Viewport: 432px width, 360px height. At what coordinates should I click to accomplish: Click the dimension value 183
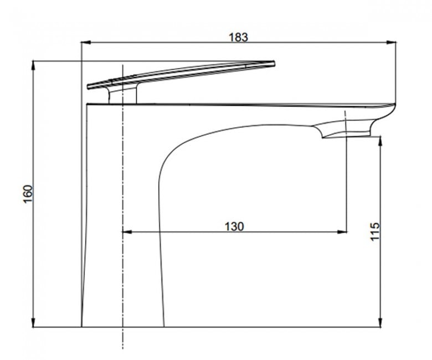click(239, 37)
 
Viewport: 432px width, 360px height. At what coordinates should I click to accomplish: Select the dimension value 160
click(28, 194)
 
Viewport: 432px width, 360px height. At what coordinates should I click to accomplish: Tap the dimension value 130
click(234, 227)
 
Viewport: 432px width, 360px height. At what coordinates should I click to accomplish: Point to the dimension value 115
click(375, 232)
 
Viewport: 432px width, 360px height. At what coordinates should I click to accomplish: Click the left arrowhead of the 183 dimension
click(86, 43)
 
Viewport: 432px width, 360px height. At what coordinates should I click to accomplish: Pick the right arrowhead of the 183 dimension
click(391, 43)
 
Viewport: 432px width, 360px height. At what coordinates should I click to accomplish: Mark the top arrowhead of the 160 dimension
click(33, 66)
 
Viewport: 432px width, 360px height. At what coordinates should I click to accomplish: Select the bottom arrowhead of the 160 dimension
click(33, 322)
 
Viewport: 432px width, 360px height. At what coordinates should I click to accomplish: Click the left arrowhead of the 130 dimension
click(127, 232)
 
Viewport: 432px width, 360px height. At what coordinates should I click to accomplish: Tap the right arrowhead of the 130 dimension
click(342, 232)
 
